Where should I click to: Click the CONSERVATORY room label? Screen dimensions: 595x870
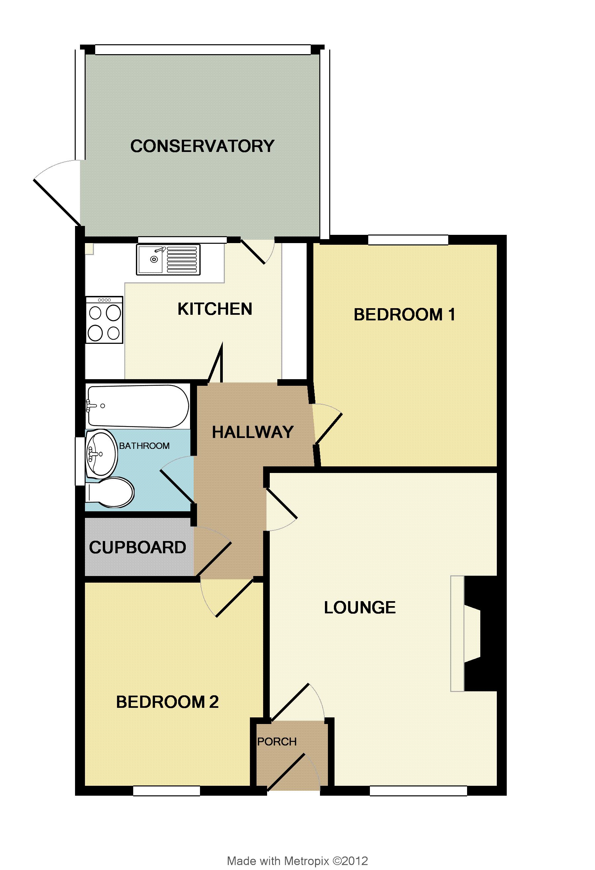pos(202,146)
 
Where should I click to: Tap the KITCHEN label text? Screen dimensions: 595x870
pos(215,309)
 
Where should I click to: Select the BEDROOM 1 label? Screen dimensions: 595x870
pos(404,314)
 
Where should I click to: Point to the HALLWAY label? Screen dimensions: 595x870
pos(253,432)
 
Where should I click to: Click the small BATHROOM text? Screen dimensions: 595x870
pos(144,446)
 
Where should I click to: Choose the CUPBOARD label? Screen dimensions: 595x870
pos(138,547)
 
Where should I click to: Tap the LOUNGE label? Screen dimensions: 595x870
pos(360,607)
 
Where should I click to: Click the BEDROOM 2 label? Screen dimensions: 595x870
pos(167,702)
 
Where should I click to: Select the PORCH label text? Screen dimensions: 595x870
pos(277,742)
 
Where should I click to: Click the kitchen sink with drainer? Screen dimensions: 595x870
pos(168,260)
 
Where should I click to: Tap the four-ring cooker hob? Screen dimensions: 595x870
pos(104,320)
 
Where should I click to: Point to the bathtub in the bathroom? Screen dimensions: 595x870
pos(138,406)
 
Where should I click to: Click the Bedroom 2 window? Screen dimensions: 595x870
pos(167,791)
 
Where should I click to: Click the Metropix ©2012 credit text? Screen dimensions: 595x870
pos(297,861)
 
